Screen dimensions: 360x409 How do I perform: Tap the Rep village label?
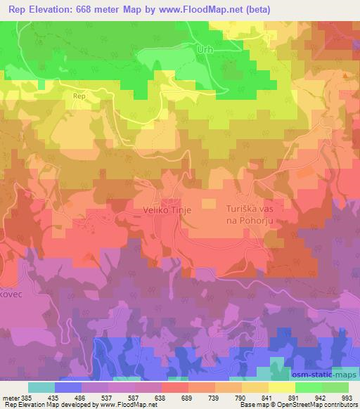click(x=79, y=96)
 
